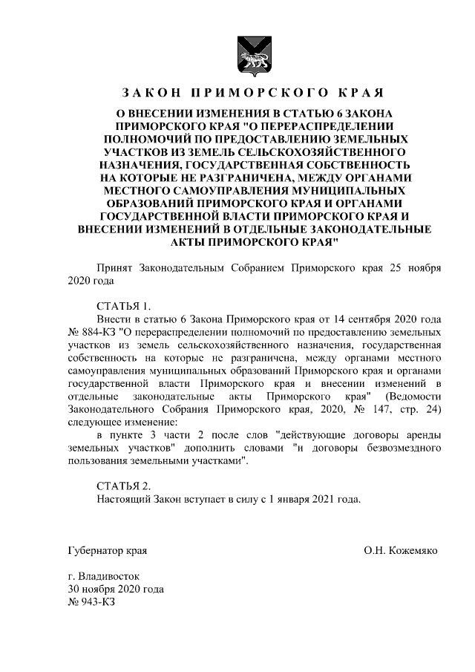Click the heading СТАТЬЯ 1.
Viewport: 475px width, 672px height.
[x=123, y=306]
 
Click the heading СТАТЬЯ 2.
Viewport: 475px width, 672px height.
[x=123, y=486]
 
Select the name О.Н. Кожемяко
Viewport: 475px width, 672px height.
[x=401, y=551]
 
